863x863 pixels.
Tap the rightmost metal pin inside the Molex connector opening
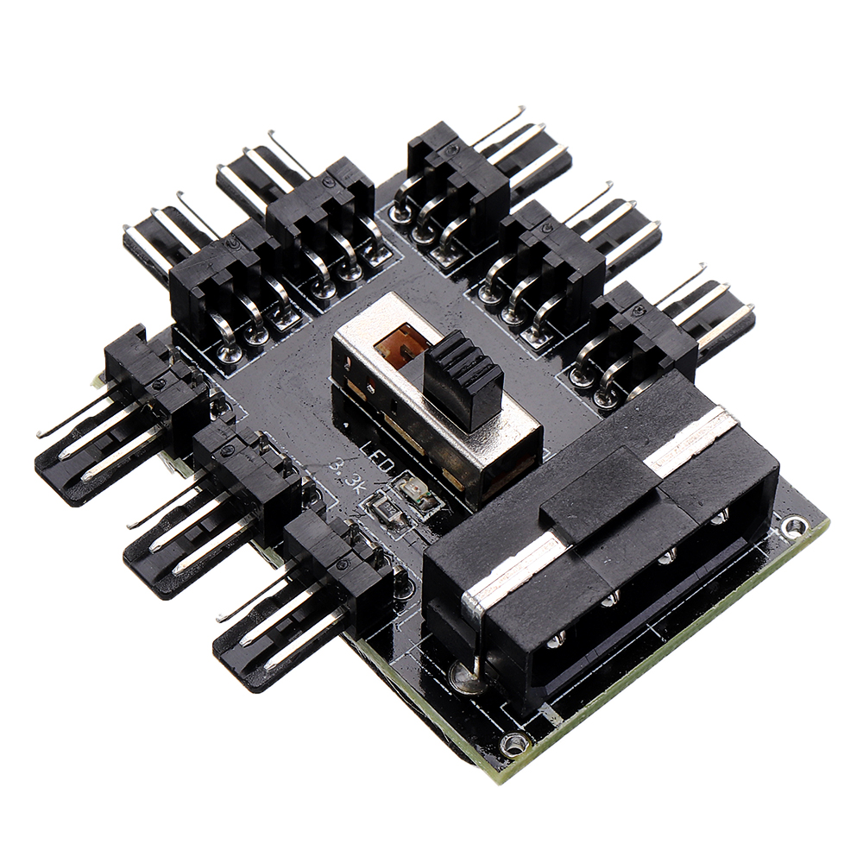coord(718,518)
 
